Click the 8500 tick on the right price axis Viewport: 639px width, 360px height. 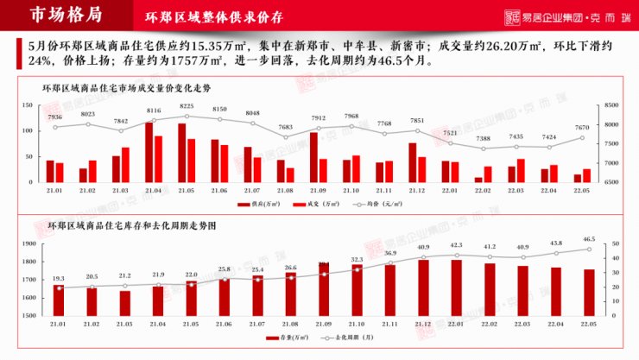coord(611,105)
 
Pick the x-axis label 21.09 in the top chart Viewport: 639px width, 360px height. coord(317,189)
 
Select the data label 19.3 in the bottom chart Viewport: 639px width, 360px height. coord(59,279)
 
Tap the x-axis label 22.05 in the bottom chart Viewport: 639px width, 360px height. coord(589,323)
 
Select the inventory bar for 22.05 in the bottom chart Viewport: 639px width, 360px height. coord(589,293)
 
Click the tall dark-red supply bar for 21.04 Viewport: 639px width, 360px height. coord(149,152)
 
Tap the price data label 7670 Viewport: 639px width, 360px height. coord(583,128)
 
